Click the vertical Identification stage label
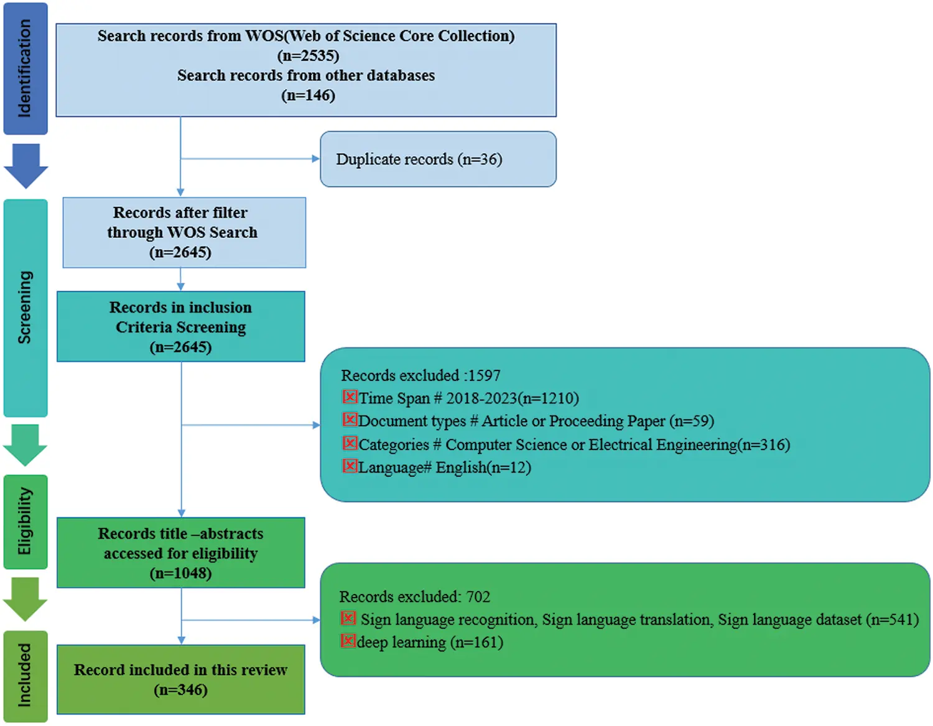[x=25, y=68]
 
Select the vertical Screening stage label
[x=25, y=308]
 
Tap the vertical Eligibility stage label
[x=25, y=522]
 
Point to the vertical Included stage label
[x=25, y=676]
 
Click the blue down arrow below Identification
[x=26, y=165]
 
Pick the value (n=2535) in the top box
[x=308, y=55]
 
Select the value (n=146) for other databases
[x=308, y=95]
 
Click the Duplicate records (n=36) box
[x=438, y=159]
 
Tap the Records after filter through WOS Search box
[x=183, y=232]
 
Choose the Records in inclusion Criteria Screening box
[x=180, y=326]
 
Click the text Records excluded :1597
[x=420, y=375]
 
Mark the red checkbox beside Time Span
[x=350, y=397]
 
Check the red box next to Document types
[x=350, y=420]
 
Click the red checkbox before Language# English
[x=350, y=466]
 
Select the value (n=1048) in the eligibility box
[x=180, y=573]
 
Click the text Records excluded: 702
[x=414, y=596]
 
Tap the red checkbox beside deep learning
[x=348, y=641]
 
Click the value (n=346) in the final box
[x=180, y=690]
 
